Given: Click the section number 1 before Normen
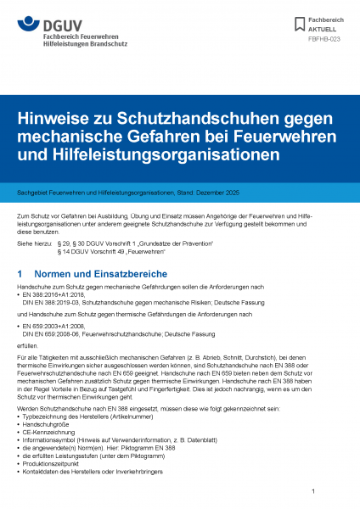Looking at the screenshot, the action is (20, 275).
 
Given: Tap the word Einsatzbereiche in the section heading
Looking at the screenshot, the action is (121, 275).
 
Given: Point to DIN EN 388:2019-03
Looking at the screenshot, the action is (50, 302).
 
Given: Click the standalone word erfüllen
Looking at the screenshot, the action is (27, 346).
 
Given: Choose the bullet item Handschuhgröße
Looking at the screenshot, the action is (48, 433).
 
